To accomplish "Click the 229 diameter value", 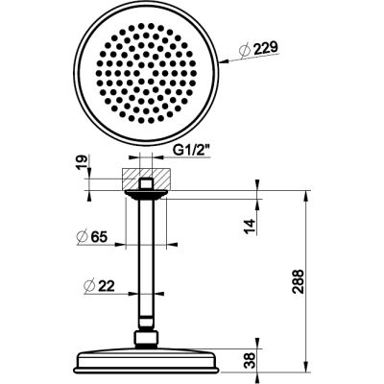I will click(255, 51).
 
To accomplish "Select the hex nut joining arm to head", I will click(145, 339).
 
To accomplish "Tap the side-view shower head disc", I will click(145, 362).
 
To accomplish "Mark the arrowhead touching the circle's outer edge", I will click(218, 62).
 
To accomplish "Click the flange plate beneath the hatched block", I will click(145, 192).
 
